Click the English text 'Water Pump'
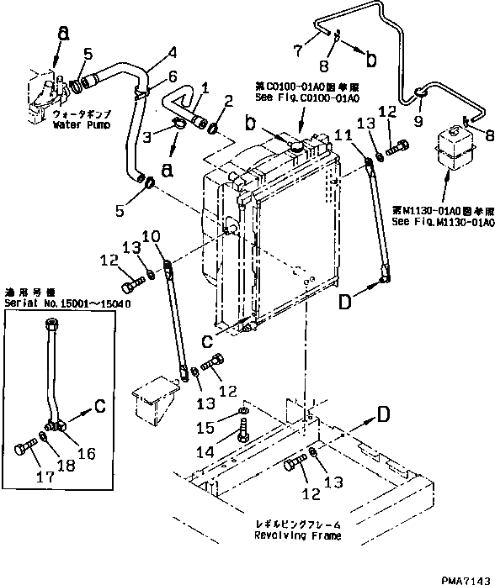77,125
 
